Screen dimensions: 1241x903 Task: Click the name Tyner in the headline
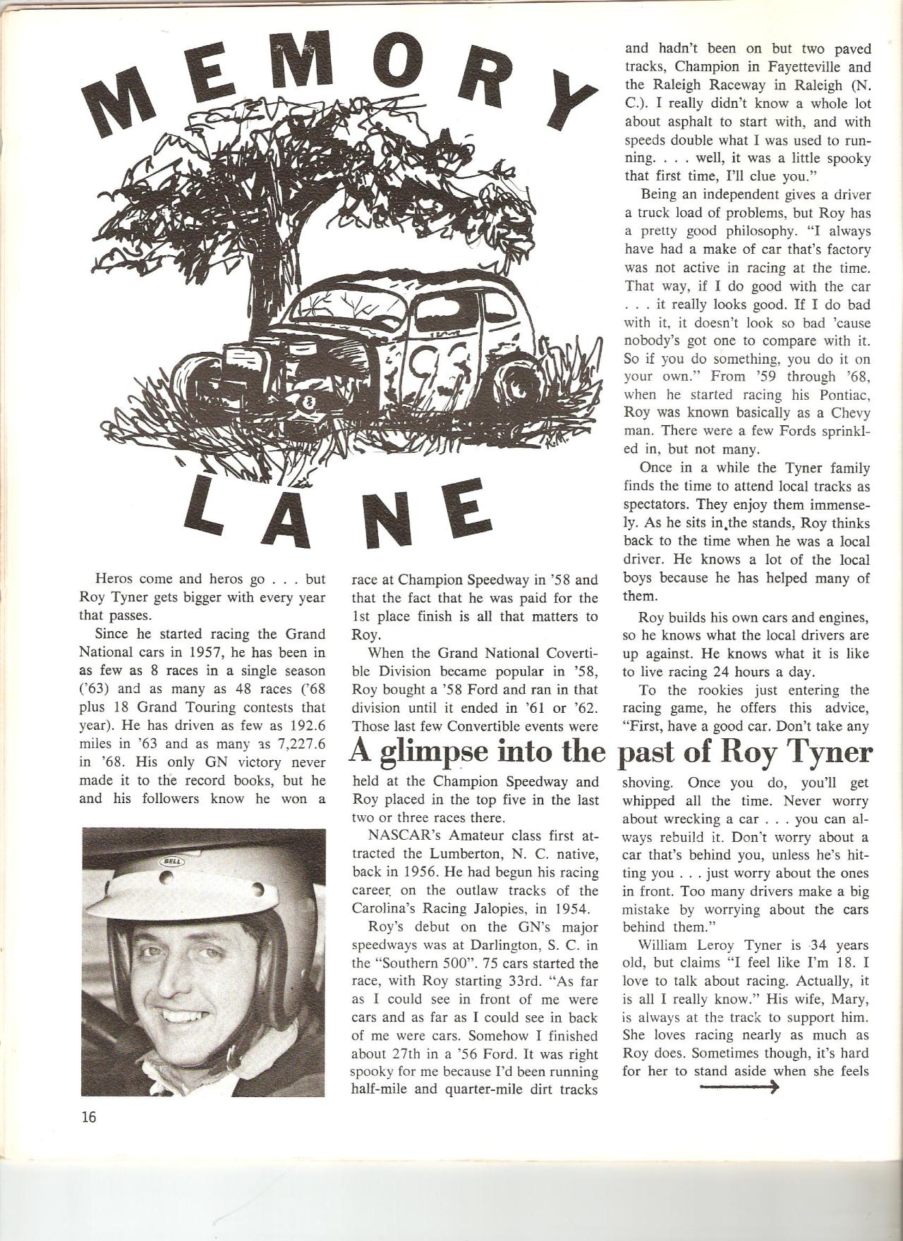(x=828, y=753)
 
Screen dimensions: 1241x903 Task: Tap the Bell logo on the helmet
(x=171, y=862)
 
